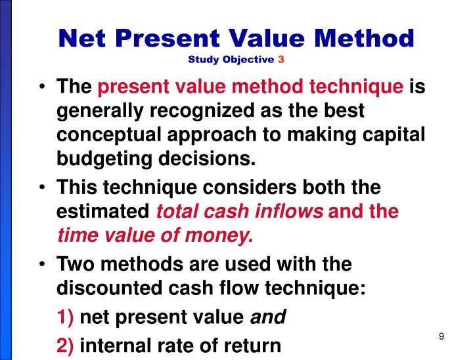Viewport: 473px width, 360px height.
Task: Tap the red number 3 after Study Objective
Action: pyautogui.click(x=281, y=60)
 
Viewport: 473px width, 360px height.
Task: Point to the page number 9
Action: pyautogui.click(x=442, y=337)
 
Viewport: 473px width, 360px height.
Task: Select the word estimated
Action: pyautogui.click(x=103, y=212)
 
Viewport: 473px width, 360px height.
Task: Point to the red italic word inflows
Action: pyautogui.click(x=288, y=212)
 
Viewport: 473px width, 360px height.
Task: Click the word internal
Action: pyautogui.click(x=113, y=344)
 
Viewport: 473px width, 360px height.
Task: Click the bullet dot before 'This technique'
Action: pyautogui.click(x=43, y=188)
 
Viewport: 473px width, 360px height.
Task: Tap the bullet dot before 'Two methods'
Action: pyautogui.click(x=43, y=264)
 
